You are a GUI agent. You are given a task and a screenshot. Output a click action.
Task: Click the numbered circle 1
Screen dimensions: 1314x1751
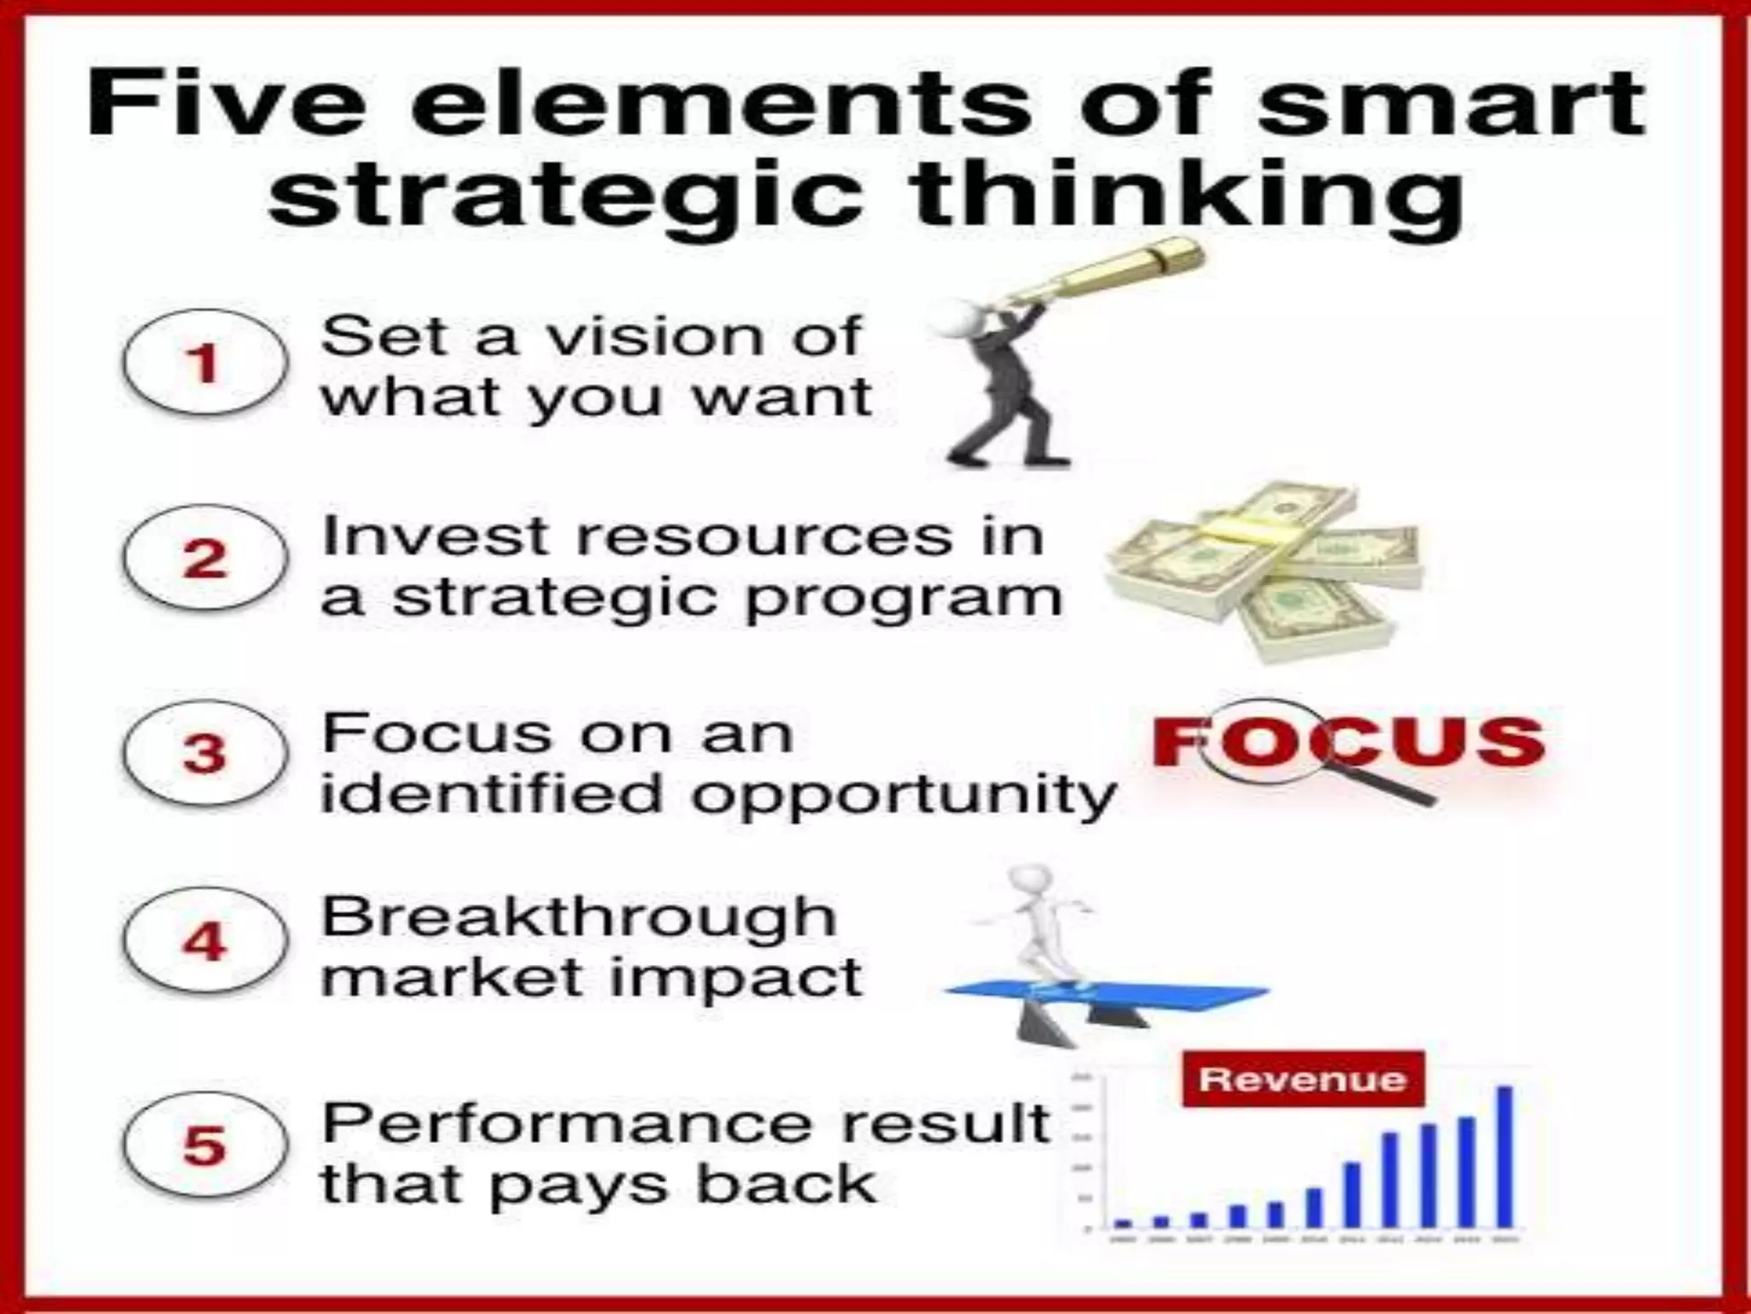pos(203,363)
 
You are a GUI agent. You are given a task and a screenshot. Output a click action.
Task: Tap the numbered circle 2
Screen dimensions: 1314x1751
pos(203,559)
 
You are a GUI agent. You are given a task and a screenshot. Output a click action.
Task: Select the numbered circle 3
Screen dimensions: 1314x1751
pos(203,754)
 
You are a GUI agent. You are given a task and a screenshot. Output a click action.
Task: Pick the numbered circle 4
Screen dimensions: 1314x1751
pos(203,941)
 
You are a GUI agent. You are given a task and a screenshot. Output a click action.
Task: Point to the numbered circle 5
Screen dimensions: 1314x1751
pos(203,1145)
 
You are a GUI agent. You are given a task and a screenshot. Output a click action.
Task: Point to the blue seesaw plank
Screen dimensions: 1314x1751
pos(1111,995)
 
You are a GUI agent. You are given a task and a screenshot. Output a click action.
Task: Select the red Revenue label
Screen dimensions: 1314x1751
pos(1302,1080)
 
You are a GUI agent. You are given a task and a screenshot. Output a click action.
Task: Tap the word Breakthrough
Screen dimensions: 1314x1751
pos(578,918)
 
